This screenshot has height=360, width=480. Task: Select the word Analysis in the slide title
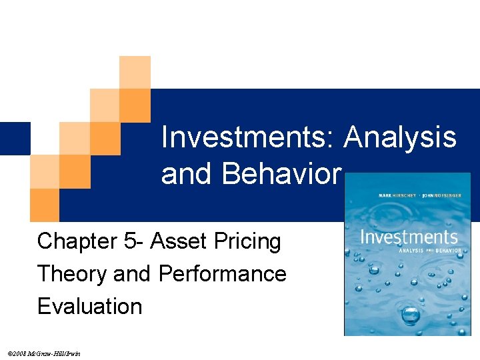tap(400, 138)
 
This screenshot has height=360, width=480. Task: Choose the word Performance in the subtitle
tap(223, 273)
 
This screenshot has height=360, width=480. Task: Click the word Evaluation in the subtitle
tap(90, 306)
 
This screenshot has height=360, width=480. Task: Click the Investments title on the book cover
tap(409, 237)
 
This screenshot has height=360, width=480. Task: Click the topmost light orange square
tap(135, 72)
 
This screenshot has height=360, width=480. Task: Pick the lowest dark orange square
tap(44, 205)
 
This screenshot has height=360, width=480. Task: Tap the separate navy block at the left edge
tap(15, 139)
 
